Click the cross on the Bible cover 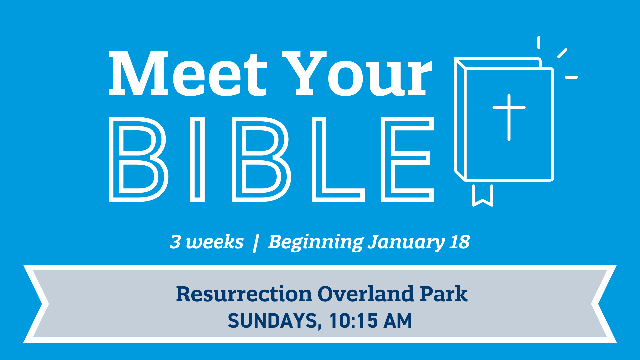[x=509, y=117]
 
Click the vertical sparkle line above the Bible [x=539, y=43]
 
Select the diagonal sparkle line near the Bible [x=562, y=53]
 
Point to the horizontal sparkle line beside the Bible [x=571, y=77]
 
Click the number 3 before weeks [x=175, y=242]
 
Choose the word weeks [x=215, y=242]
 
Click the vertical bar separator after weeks [x=255, y=244]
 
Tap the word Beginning [x=316, y=243]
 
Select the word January [x=406, y=243]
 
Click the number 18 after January [x=460, y=242]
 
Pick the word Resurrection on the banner [x=244, y=294]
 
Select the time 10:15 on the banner [x=354, y=321]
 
